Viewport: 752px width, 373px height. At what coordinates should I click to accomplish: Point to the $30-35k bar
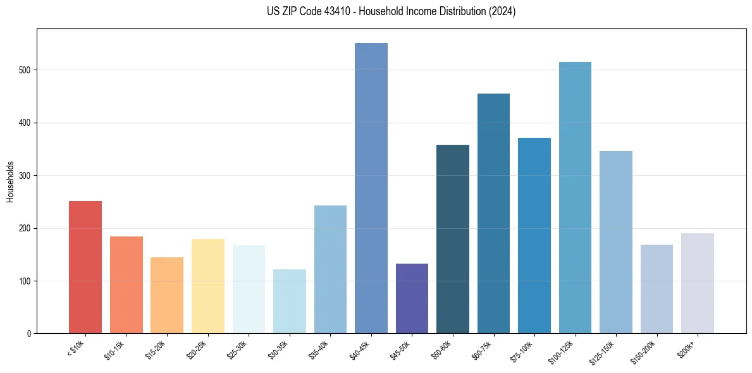click(290, 301)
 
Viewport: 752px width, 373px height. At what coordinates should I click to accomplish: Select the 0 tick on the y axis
click(30, 334)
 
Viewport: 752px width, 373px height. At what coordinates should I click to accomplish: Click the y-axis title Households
click(11, 181)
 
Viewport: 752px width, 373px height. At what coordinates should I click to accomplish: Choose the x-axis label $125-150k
click(603, 351)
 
